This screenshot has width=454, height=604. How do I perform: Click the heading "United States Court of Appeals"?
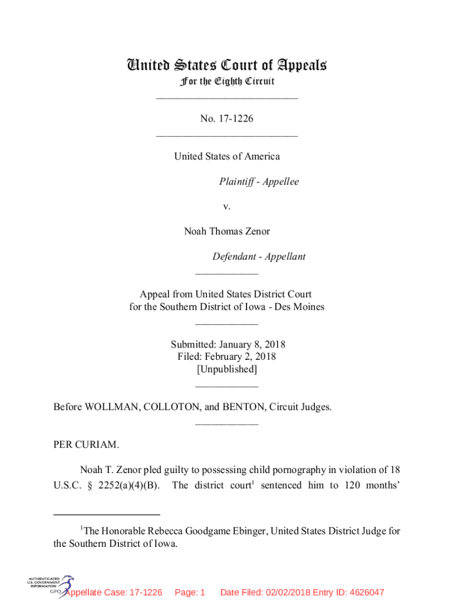point(227,65)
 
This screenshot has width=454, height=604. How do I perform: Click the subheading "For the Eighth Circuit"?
point(227,81)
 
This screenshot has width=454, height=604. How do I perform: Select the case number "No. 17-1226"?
point(227,119)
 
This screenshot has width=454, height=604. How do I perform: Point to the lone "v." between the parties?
point(227,206)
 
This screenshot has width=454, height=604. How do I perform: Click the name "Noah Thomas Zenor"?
point(227,232)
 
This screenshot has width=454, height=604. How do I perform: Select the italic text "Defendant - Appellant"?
point(259,257)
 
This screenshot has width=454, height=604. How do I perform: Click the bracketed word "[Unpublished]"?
point(227,370)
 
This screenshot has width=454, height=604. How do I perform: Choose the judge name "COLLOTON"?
point(169,407)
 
